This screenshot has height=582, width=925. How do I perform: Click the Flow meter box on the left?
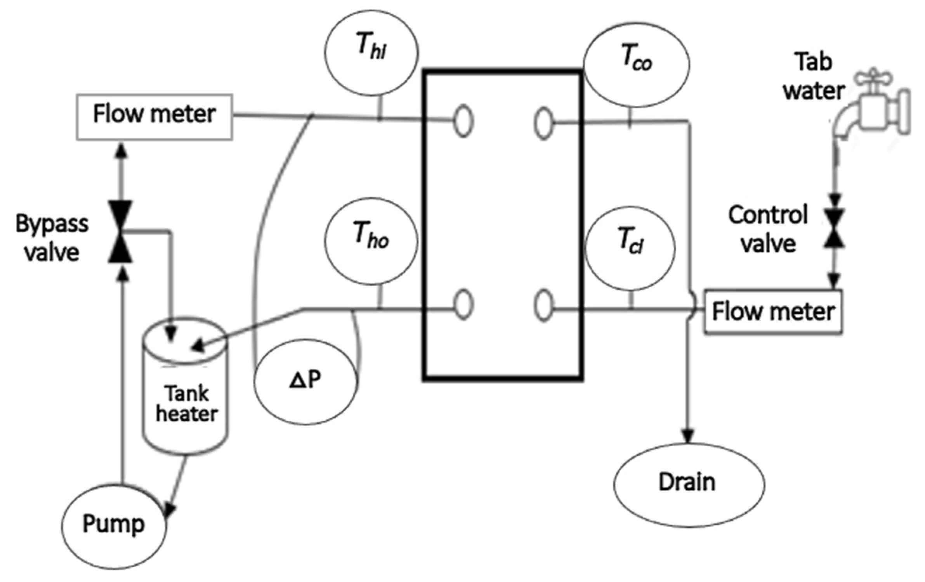point(154,116)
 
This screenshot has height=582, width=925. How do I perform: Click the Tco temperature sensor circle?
point(636,64)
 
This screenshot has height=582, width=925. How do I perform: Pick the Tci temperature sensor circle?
point(630,249)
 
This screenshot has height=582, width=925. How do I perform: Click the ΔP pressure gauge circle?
point(305,381)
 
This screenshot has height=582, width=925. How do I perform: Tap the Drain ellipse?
point(688,484)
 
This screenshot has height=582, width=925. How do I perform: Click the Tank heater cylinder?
point(186,399)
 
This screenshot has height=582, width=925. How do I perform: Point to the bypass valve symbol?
point(120,232)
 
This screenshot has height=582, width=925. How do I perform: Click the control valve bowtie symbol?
point(834,228)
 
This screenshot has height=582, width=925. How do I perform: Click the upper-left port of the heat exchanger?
point(463,121)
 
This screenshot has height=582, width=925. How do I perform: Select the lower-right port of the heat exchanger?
point(543,306)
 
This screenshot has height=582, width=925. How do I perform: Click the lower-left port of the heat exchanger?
point(463,304)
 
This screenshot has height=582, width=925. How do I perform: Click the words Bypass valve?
point(52,238)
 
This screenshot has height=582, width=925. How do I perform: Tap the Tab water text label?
point(813,76)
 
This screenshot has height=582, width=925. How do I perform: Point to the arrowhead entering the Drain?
point(687,436)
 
